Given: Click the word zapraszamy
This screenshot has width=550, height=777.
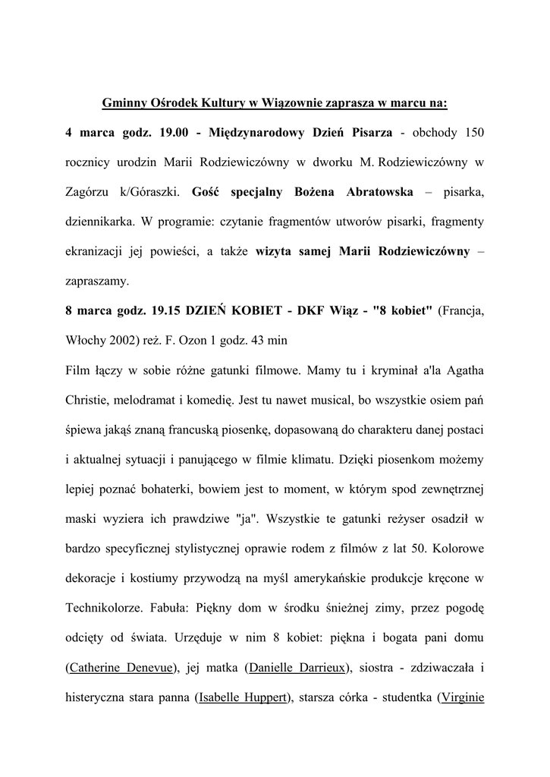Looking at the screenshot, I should (x=98, y=282).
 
